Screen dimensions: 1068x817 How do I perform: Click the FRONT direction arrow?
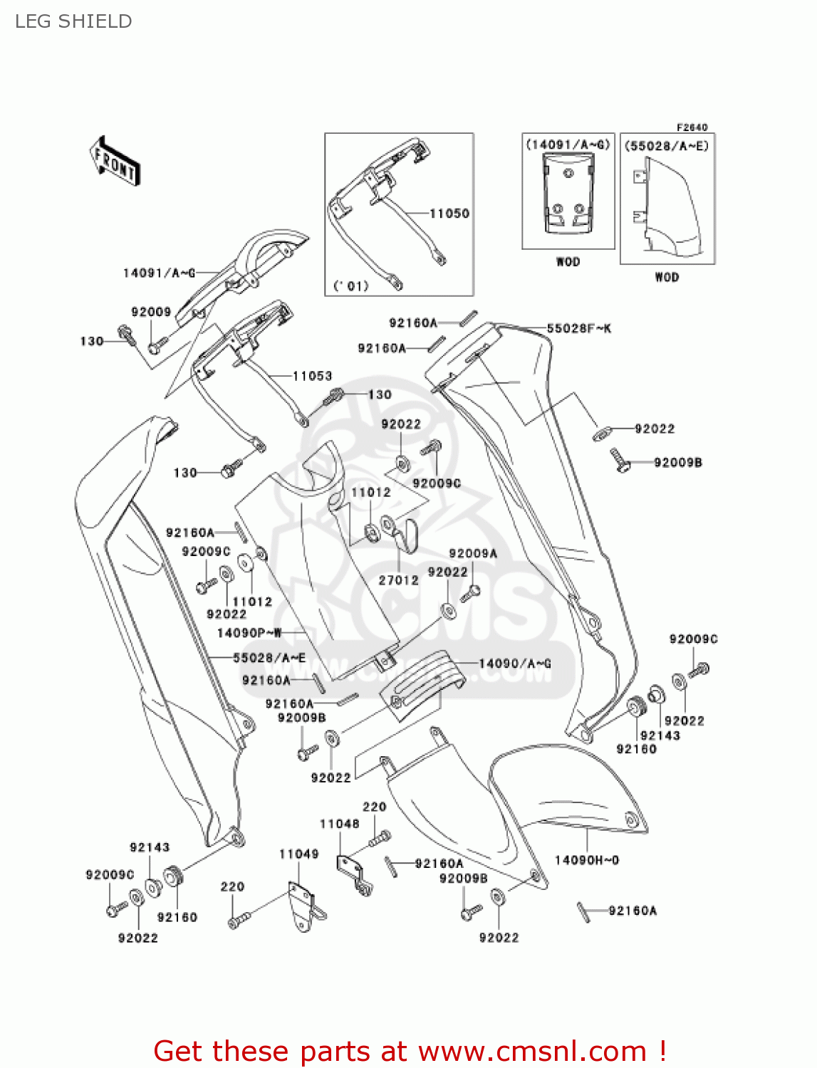pyautogui.click(x=115, y=162)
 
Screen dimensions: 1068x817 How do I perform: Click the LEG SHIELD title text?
pyautogui.click(x=73, y=21)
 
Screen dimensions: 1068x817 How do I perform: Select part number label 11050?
pyautogui.click(x=449, y=213)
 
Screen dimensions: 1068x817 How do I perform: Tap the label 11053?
pyautogui.click(x=312, y=376)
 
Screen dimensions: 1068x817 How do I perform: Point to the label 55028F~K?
pyautogui.click(x=578, y=328)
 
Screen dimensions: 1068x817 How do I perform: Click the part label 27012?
pyautogui.click(x=398, y=580)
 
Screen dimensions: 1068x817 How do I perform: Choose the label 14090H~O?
pyautogui.click(x=587, y=860)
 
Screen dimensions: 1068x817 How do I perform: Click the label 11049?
pyautogui.click(x=298, y=854)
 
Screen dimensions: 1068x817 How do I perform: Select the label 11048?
pyautogui.click(x=339, y=824)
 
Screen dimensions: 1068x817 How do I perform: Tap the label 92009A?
pyautogui.click(x=473, y=553)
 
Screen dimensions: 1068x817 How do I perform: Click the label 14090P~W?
pyautogui.click(x=249, y=632)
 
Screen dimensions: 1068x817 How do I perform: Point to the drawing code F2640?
pyautogui.click(x=692, y=127)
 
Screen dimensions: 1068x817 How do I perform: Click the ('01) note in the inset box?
pyautogui.click(x=351, y=286)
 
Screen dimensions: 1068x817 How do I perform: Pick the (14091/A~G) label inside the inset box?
pyautogui.click(x=568, y=145)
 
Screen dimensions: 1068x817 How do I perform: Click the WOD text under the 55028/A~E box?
pyautogui.click(x=667, y=277)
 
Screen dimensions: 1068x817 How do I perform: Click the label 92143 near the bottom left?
pyautogui.click(x=150, y=847)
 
